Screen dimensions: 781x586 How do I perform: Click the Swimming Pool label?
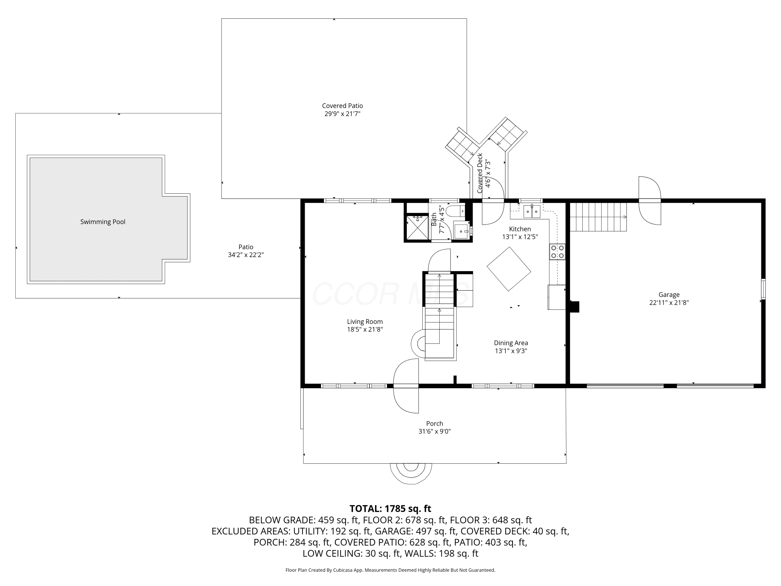[103, 222]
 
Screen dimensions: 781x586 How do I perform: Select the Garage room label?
[669, 295]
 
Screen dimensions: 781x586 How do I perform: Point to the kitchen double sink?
[532, 211]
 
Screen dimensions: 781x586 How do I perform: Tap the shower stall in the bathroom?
[418, 228]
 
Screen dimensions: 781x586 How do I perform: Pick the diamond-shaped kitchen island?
[509, 269]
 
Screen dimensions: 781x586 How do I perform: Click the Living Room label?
[365, 321]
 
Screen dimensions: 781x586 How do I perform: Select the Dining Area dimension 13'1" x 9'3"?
[511, 351]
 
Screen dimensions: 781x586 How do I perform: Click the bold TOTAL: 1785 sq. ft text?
[391, 509]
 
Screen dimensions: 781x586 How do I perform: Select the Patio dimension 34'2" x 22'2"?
[246, 255]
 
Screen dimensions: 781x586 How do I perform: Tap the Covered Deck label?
[480, 173]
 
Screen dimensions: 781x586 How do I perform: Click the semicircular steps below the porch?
[411, 473]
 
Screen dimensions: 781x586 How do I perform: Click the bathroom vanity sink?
[462, 230]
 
